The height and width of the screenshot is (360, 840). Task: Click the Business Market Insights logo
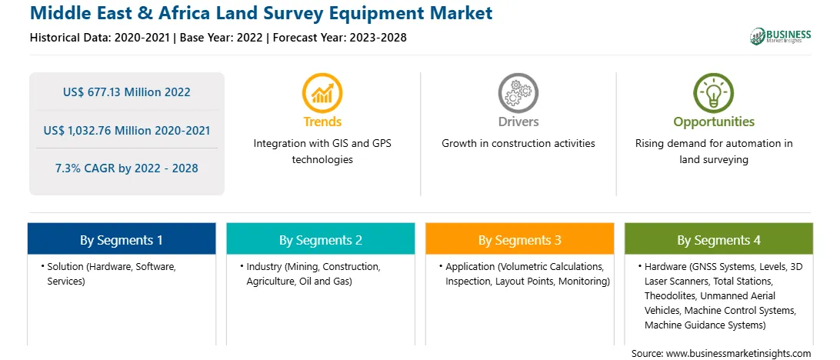point(781,36)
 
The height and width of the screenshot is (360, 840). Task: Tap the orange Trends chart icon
point(322,93)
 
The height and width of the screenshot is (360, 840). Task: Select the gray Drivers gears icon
point(518,93)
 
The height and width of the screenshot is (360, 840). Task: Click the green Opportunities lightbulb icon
point(714,93)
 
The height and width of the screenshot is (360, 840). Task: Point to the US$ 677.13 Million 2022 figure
point(126,92)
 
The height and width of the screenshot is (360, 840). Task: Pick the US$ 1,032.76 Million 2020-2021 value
point(126,130)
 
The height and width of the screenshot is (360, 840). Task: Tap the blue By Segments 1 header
point(122,239)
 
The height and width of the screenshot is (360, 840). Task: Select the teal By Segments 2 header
point(320,239)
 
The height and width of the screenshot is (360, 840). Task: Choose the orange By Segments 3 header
point(520,239)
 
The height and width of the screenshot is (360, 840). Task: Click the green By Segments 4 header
point(719,239)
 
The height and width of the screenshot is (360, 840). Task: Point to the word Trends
point(322,122)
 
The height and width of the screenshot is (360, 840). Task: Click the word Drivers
point(518,122)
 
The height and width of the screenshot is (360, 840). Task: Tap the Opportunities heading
point(714,122)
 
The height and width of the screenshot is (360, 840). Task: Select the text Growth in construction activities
point(518,144)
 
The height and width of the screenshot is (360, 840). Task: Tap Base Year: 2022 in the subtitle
point(222,38)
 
